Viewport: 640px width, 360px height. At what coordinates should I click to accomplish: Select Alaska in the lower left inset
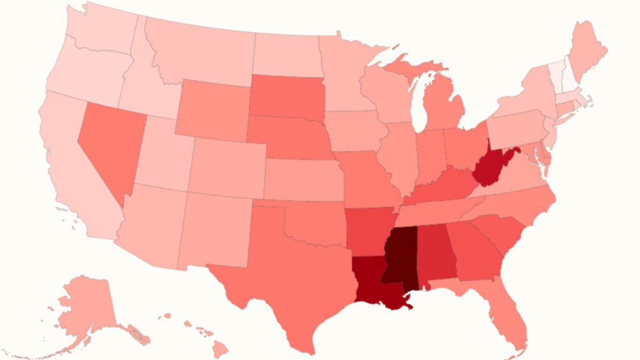coord(85,307)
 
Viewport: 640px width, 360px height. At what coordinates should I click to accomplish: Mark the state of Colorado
coord(227,165)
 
